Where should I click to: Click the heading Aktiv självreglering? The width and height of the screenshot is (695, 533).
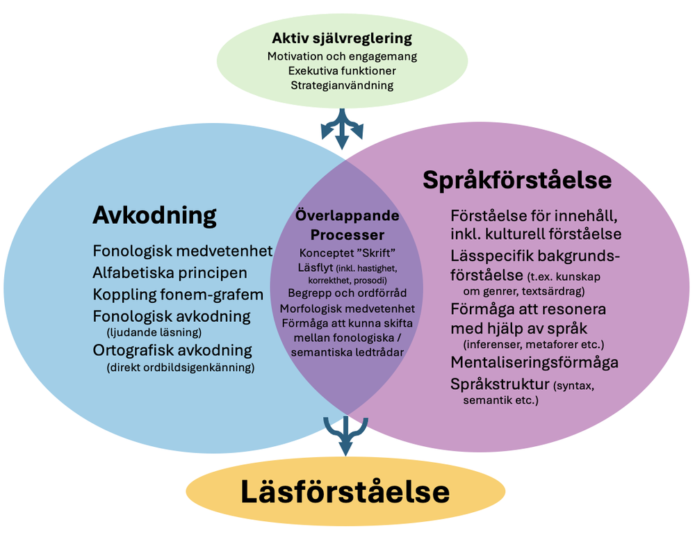(341, 38)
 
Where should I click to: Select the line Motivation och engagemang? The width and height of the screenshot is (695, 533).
(341, 56)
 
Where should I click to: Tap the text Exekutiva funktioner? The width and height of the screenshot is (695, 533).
(341, 70)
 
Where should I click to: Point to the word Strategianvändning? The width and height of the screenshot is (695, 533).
(341, 85)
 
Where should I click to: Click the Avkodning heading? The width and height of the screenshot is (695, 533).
(154, 215)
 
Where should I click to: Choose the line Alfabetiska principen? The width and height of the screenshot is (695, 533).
(170, 272)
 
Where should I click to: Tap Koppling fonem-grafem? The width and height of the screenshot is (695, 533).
(178, 294)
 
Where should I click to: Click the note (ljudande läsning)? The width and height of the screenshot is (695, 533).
(154, 331)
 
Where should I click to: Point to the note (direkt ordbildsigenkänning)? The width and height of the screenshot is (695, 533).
(181, 366)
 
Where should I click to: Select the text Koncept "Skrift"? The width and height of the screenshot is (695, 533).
(347, 252)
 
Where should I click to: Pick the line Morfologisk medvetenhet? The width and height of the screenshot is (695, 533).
(347, 308)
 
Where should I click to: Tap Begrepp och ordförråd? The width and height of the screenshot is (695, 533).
(347, 293)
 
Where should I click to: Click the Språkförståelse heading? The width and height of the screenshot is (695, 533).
(517, 181)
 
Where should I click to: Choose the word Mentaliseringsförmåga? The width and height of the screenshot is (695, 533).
(534, 362)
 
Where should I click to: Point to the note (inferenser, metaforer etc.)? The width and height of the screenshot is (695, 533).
(533, 344)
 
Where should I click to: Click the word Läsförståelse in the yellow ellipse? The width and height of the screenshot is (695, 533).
(345, 492)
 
